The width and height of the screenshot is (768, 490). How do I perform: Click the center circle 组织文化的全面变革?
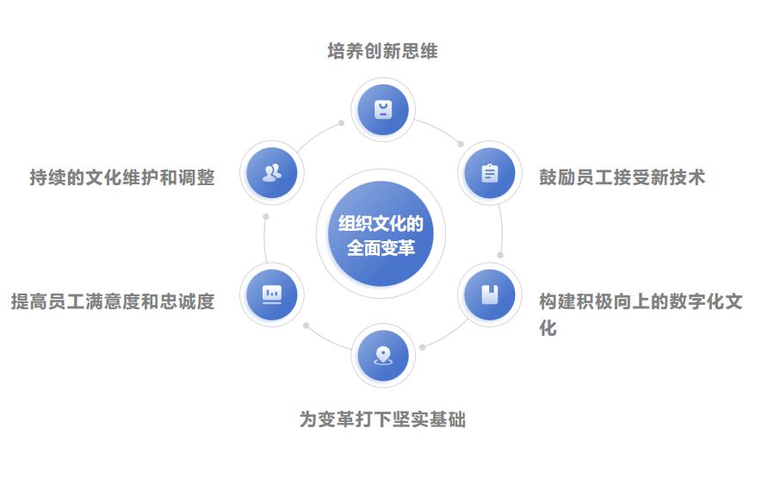381,234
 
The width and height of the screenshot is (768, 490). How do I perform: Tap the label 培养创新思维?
383,52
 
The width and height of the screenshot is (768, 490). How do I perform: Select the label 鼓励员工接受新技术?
622,177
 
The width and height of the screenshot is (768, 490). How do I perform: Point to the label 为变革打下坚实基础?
382,420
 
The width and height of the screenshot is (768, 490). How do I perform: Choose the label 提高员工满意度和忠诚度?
112,302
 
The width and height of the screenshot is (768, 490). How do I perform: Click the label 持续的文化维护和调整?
121,178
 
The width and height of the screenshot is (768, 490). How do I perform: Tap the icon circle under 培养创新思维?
383,110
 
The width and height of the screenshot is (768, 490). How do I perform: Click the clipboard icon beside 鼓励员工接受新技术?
489,173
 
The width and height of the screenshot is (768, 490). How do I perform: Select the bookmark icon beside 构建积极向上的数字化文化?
489,294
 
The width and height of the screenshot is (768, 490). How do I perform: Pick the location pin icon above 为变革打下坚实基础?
383,355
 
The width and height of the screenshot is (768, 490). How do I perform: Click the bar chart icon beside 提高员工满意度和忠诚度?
272,294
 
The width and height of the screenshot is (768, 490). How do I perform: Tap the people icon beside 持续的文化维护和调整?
272,173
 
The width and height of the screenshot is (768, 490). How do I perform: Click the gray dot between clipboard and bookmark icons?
500,255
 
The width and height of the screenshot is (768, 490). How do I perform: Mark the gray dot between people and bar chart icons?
266,216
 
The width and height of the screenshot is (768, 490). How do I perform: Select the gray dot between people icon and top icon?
341,123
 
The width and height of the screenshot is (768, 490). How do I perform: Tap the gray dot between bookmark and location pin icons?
422,347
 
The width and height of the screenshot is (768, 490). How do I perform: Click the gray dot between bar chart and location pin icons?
306,326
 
